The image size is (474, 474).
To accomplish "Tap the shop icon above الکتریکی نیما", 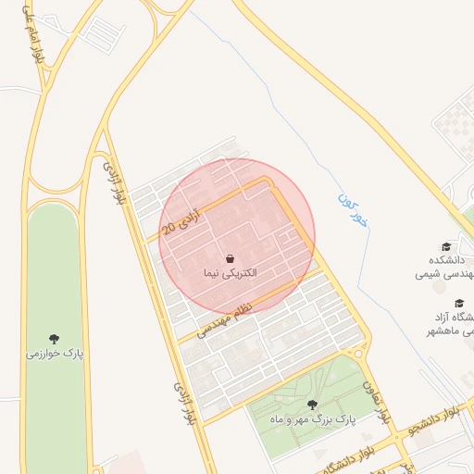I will click(230, 258).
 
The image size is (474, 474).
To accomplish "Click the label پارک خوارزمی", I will click(55, 354).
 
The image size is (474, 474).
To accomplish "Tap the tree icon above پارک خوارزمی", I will click(55, 339).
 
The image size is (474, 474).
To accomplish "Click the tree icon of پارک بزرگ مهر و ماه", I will click(312, 404).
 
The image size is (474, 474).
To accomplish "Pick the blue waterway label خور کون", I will click(355, 212).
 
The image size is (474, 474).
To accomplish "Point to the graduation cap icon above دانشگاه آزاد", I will click(458, 303).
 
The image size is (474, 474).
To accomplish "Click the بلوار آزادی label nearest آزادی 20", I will click(113, 181).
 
